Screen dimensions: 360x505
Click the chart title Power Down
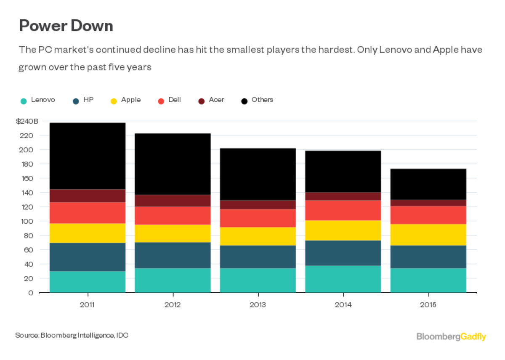pyautogui.click(x=66, y=26)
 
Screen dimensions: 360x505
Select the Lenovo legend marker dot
pyautogui.click(x=24, y=101)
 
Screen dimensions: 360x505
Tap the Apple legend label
pyautogui.click(x=131, y=100)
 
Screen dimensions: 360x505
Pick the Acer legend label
pyautogui.click(x=216, y=100)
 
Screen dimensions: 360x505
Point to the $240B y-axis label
pyautogui.click(x=27, y=121)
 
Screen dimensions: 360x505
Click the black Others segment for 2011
pyautogui.click(x=88, y=156)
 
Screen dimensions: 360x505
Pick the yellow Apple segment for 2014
pyautogui.click(x=343, y=230)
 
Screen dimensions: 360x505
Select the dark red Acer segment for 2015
pyautogui.click(x=428, y=203)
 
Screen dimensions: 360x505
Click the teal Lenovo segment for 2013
pyautogui.click(x=258, y=280)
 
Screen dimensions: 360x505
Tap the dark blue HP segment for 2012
pyautogui.click(x=173, y=255)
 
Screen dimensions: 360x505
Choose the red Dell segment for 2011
pyautogui.click(x=88, y=212)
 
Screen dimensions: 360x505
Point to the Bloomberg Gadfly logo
pyautogui.click(x=451, y=337)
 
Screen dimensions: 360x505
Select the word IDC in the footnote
pyautogui.click(x=122, y=335)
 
